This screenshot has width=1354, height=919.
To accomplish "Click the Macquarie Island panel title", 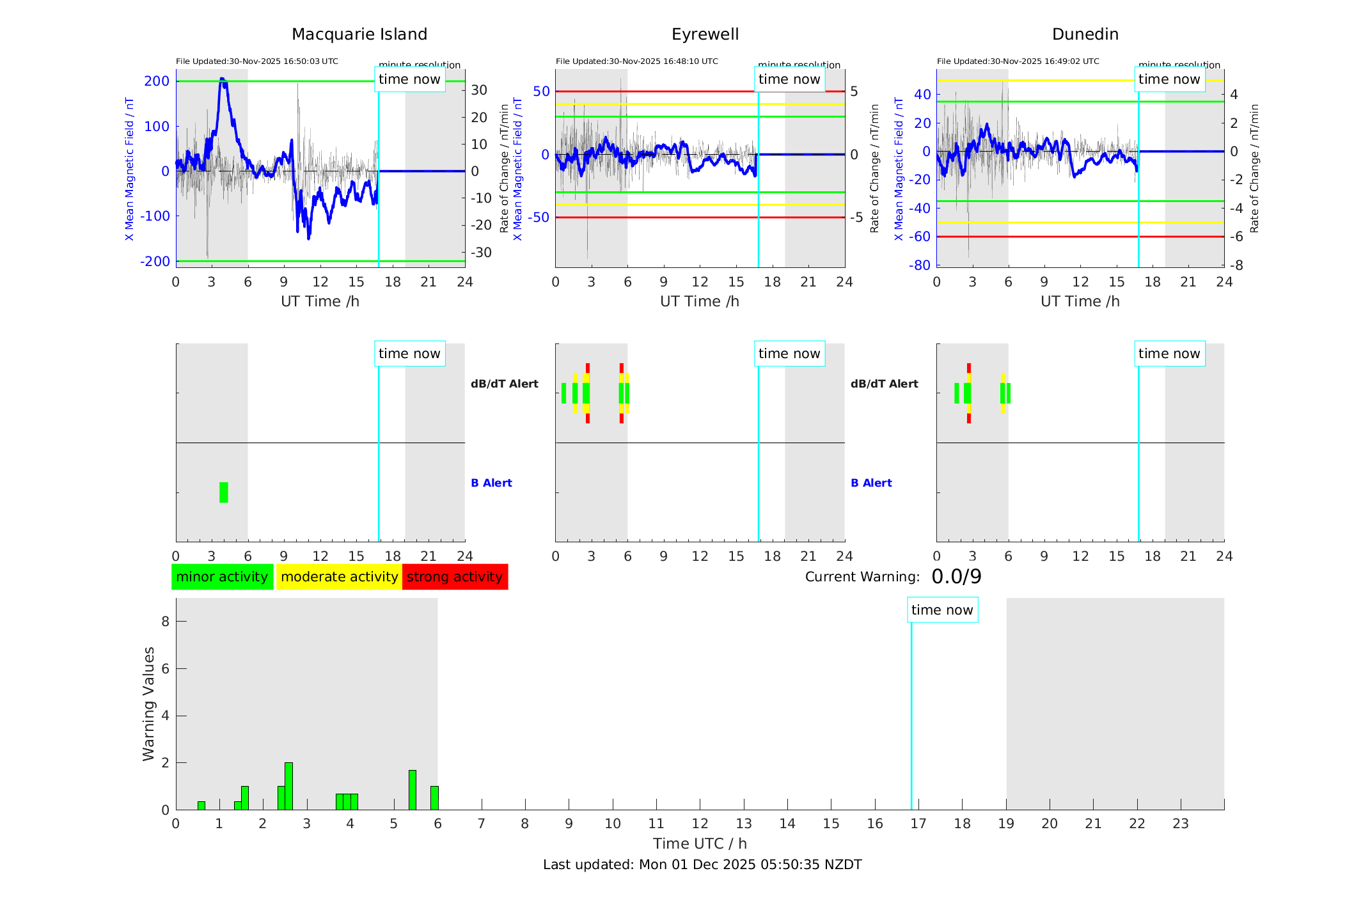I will [x=359, y=35].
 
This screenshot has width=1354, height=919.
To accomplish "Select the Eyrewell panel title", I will [x=705, y=35].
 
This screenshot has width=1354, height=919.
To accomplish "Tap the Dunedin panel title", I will [x=1085, y=35].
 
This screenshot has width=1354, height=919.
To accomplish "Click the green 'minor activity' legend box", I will [x=222, y=577].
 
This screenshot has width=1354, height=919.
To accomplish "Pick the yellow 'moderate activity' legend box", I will [x=339, y=577].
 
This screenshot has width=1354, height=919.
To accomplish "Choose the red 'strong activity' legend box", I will [x=455, y=577].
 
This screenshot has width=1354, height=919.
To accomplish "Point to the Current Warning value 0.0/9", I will [x=956, y=577].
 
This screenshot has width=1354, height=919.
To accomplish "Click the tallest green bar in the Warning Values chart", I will [x=288, y=786].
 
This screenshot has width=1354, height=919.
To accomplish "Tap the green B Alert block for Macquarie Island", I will [x=223, y=492].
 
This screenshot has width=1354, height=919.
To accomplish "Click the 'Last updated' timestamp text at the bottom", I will [x=702, y=865].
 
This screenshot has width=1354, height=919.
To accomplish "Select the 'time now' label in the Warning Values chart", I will [x=942, y=610].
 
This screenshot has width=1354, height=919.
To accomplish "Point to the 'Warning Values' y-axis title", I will [x=148, y=703].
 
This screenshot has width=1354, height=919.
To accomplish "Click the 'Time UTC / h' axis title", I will [x=700, y=844].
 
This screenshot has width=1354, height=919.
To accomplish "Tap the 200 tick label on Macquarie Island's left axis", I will [x=157, y=81].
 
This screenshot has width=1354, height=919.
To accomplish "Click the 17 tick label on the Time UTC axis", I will [x=918, y=824].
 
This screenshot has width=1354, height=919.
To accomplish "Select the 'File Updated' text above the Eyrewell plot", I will [x=636, y=61].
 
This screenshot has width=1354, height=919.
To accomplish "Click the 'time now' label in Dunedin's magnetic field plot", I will [x=1169, y=79].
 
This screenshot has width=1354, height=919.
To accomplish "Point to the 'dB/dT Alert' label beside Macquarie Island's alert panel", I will [x=504, y=384].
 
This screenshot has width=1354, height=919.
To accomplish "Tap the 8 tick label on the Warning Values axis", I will [x=165, y=621].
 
